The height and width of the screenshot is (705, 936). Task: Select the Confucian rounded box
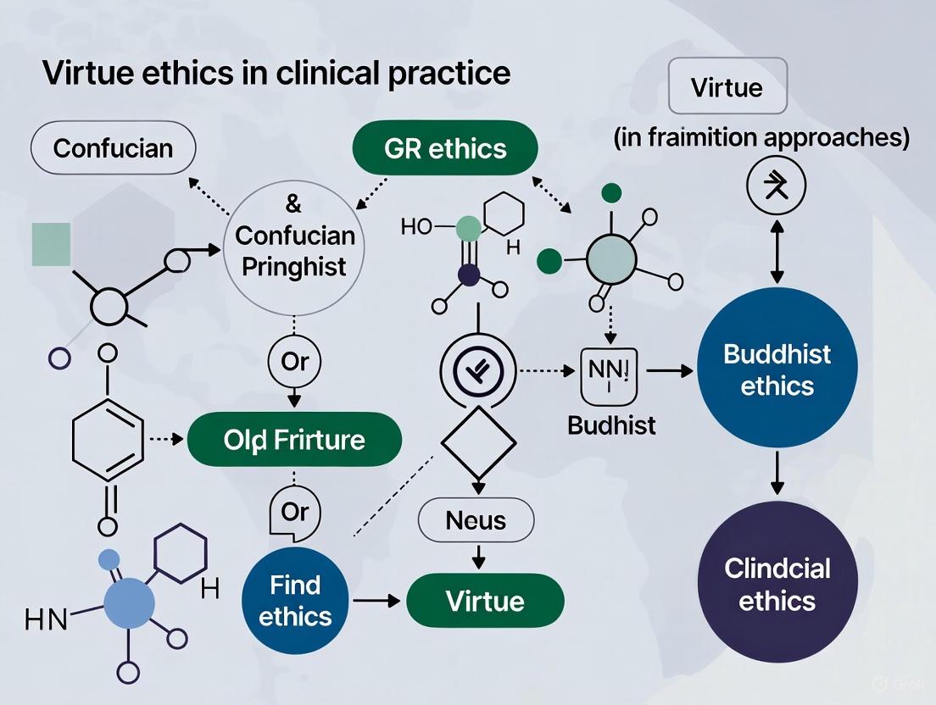113,148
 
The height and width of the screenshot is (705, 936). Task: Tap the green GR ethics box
444,148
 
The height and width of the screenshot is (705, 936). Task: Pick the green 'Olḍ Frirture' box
294,440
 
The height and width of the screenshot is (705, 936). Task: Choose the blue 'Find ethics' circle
295,600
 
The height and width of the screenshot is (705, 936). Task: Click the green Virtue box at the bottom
485,601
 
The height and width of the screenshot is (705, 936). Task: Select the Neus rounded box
476,519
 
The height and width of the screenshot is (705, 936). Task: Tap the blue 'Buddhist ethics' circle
777,369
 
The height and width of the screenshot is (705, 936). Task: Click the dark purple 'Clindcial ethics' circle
777,585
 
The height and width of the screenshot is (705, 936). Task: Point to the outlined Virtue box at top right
727,87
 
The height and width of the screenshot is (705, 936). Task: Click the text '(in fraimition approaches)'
761,139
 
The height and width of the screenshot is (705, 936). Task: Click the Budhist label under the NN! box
612,425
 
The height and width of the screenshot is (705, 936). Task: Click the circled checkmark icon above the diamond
476,370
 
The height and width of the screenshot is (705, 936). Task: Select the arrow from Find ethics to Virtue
376,601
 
